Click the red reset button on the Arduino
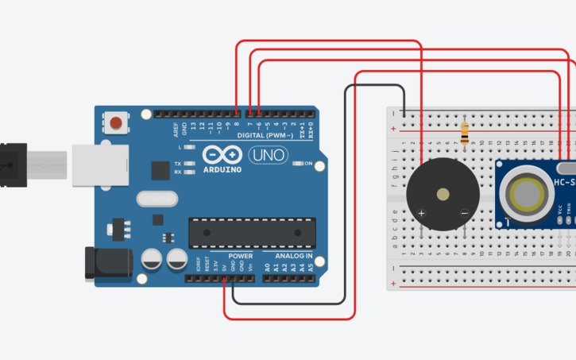click(x=117, y=123)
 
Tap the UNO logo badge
click(x=269, y=155)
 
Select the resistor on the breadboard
click(x=465, y=132)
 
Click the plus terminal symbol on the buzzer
click(x=422, y=213)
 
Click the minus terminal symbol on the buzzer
click(x=464, y=213)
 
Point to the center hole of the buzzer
click(x=443, y=194)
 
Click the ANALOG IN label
click(x=293, y=256)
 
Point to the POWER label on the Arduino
click(x=240, y=256)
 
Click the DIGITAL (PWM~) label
click(x=265, y=136)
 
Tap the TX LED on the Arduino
click(x=189, y=163)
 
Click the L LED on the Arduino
click(x=189, y=148)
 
